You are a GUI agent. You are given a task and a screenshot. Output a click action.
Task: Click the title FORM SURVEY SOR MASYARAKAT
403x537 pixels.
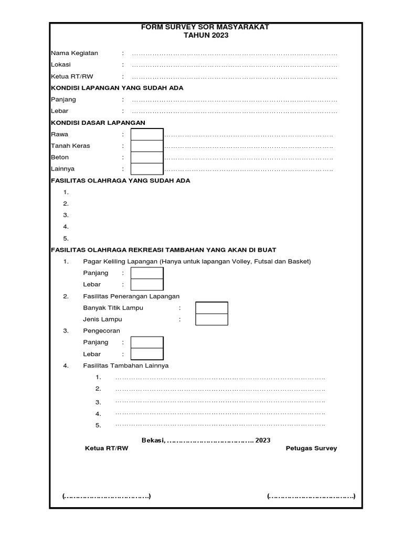point(205,27)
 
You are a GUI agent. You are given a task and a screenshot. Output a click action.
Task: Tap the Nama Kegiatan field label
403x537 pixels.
point(74,53)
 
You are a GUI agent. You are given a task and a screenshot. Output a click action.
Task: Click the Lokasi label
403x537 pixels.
point(60,65)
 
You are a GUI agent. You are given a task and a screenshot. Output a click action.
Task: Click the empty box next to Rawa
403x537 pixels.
point(147,134)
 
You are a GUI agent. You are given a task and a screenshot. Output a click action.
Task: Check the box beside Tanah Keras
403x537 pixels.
point(147,146)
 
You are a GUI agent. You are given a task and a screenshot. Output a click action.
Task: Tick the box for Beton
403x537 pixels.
point(147,157)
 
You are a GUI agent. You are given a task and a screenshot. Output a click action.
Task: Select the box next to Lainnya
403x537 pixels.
point(147,169)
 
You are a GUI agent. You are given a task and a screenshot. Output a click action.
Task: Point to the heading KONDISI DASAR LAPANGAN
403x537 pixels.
point(98,123)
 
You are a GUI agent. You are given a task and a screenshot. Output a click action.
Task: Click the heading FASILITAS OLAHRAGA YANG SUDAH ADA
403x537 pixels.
point(120,180)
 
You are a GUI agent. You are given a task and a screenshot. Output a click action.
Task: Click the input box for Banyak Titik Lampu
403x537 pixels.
point(211,308)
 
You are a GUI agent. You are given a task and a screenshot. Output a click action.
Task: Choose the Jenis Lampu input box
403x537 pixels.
point(211,319)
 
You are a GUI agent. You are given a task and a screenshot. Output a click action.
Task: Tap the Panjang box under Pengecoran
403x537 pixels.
point(147,342)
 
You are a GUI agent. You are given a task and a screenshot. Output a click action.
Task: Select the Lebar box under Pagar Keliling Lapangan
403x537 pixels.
point(147,285)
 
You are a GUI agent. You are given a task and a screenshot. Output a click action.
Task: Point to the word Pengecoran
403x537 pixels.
point(101,331)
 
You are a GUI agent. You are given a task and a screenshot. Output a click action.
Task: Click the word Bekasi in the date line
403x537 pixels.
point(153,440)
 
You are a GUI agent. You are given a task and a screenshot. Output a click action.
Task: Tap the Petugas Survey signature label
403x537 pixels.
point(311,448)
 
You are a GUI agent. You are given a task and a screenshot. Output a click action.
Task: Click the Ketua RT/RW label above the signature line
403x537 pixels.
point(106,448)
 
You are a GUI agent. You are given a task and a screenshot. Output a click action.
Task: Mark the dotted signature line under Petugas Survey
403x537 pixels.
point(311,496)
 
